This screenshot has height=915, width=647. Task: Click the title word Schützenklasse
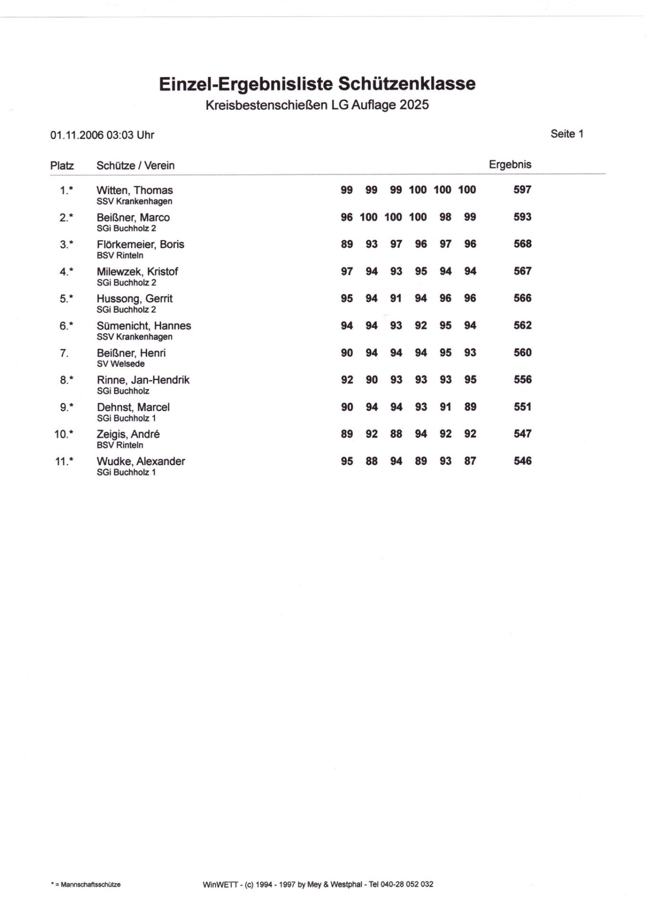pyautogui.click(x=407, y=84)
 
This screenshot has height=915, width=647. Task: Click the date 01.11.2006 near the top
pyautogui.click(x=77, y=135)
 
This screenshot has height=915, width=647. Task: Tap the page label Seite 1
pyautogui.click(x=567, y=134)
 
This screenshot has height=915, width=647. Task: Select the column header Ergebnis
pyautogui.click(x=510, y=165)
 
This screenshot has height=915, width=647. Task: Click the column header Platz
pyautogui.click(x=62, y=166)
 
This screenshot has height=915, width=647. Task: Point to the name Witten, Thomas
pyautogui.click(x=135, y=190)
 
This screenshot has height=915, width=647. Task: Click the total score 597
pyautogui.click(x=522, y=190)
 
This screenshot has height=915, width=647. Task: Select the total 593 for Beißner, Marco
pyautogui.click(x=522, y=217)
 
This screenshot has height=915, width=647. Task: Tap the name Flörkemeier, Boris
pyautogui.click(x=140, y=244)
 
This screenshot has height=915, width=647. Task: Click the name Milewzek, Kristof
pyautogui.click(x=137, y=272)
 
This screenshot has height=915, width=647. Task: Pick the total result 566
pyautogui.click(x=522, y=298)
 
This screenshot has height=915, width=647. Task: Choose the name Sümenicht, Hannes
pyautogui.click(x=144, y=325)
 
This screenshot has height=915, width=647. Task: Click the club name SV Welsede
pyautogui.click(x=121, y=364)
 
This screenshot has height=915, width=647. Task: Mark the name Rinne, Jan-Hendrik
pyautogui.click(x=143, y=380)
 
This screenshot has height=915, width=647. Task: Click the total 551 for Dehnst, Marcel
pyautogui.click(x=522, y=407)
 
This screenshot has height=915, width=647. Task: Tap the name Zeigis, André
pyautogui.click(x=128, y=434)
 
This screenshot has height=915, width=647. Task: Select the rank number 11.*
pyautogui.click(x=64, y=462)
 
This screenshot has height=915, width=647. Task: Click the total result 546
pyautogui.click(x=522, y=461)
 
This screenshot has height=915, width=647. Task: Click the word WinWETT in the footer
pyautogui.click(x=220, y=885)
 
